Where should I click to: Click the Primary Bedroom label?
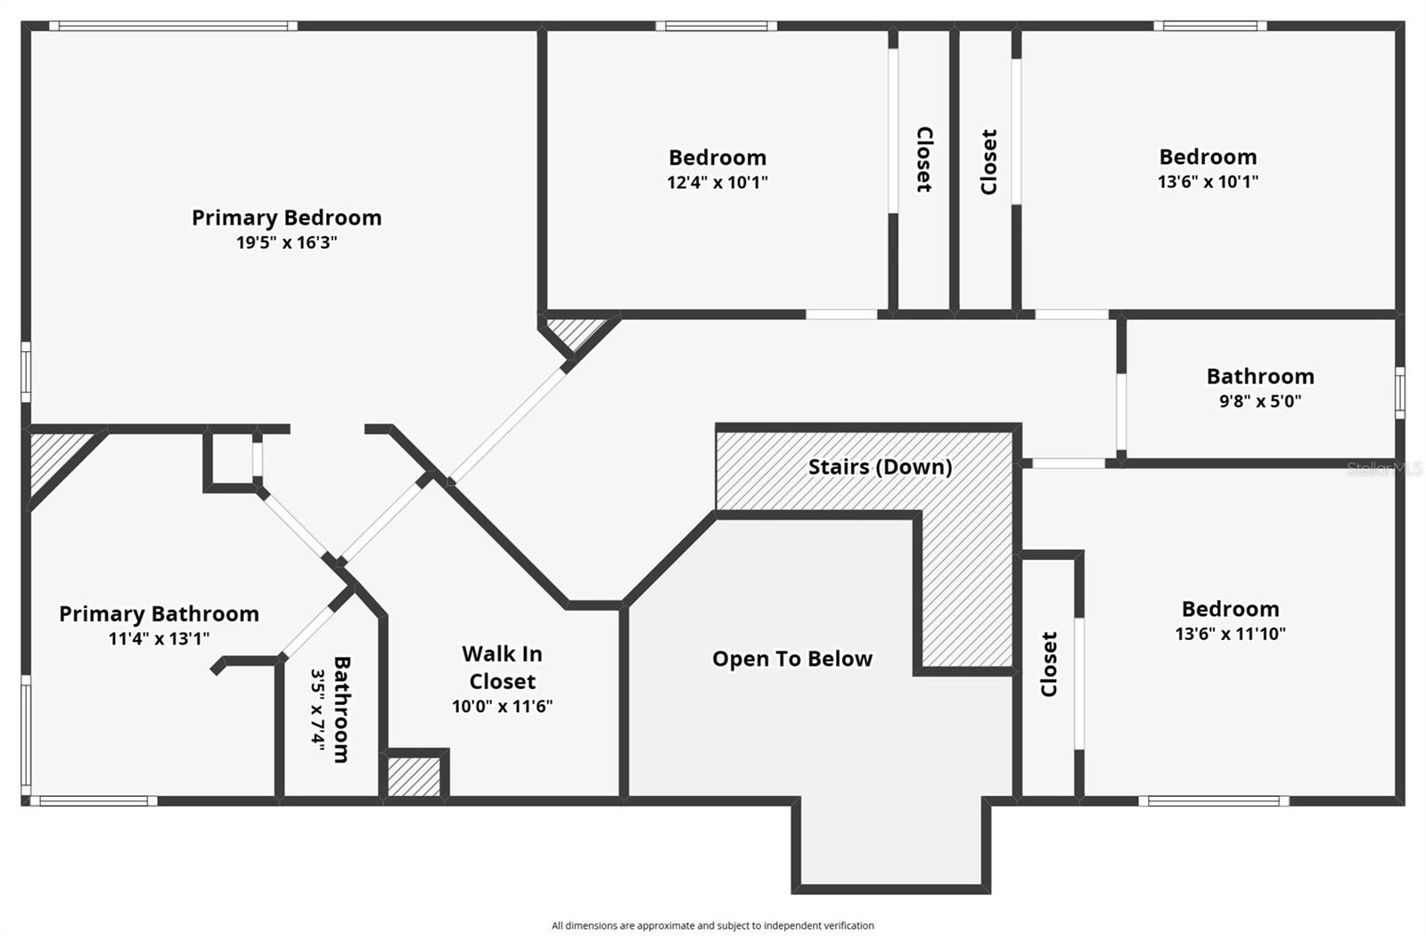[x=286, y=218]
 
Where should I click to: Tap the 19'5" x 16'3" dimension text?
[x=286, y=242]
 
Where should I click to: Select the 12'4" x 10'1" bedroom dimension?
[x=717, y=183]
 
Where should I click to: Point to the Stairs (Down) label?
[x=881, y=467]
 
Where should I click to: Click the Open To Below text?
[x=792, y=659]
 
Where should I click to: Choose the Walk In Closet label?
[x=503, y=668]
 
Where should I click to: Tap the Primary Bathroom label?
[x=160, y=614]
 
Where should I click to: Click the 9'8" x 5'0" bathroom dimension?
[x=1260, y=401]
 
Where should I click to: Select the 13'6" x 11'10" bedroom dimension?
[x=1231, y=634]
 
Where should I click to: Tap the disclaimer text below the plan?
[x=712, y=926]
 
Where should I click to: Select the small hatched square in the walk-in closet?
[x=414, y=776]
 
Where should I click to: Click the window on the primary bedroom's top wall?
[x=173, y=26]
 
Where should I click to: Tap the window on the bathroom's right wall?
[x=1400, y=393]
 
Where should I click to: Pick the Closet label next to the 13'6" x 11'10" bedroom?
[x=1048, y=664]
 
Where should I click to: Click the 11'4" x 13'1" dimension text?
[x=160, y=638]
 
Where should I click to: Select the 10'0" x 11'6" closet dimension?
[x=503, y=707]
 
